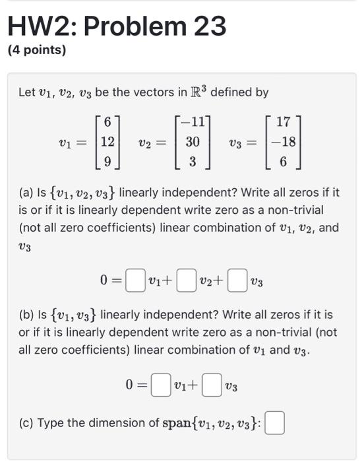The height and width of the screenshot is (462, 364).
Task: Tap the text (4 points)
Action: pos(36,50)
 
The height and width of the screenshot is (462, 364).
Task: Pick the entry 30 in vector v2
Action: pos(192,142)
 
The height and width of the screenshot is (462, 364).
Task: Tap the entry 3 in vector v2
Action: pos(193,160)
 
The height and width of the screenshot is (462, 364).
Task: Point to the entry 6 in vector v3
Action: pos(284,160)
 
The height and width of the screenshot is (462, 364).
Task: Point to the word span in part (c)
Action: pos(179,423)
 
